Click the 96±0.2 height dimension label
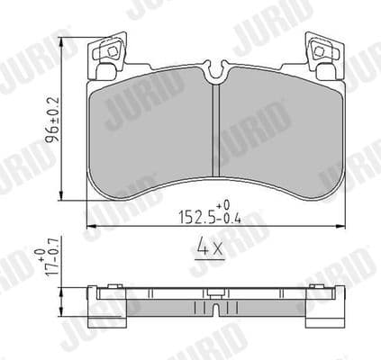(x=53, y=117)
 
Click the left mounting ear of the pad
(x=107, y=55)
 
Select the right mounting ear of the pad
(x=321, y=55)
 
